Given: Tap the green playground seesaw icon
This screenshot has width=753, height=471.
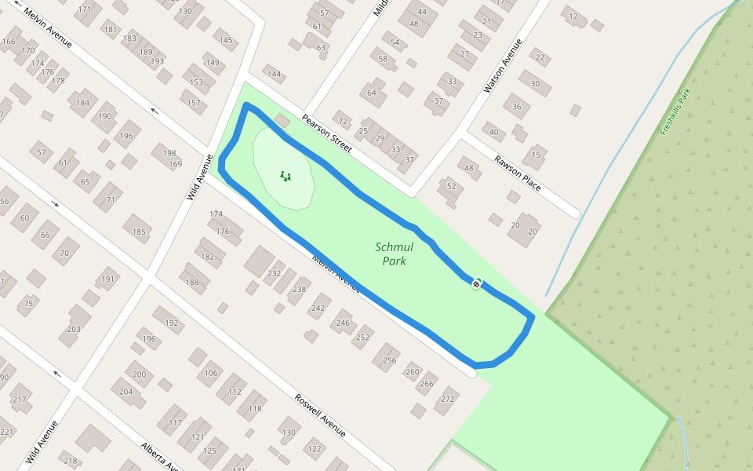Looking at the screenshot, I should click(x=286, y=176).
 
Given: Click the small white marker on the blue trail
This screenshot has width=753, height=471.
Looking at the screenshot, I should click(x=476, y=283).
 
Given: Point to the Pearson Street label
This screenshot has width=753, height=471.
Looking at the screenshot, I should click(x=327, y=133).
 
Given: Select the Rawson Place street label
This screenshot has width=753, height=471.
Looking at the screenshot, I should click(x=518, y=173).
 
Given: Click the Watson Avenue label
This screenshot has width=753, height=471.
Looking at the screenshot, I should click(x=503, y=66).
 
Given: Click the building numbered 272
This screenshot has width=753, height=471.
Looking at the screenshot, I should click(x=447, y=400).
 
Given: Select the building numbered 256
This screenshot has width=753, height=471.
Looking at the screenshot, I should click(x=389, y=360).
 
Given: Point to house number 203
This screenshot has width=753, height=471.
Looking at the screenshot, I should click(x=74, y=329).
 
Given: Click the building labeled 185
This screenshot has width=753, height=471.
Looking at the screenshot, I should click(x=139, y=231).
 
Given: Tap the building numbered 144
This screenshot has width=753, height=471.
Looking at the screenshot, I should click(x=274, y=75).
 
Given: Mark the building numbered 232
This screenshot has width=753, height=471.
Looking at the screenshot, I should click(x=274, y=273).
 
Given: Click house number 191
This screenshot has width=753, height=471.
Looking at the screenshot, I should click(x=107, y=279).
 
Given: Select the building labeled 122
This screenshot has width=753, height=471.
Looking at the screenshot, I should click(x=314, y=449).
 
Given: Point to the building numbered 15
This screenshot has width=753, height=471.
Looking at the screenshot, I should click(x=537, y=155).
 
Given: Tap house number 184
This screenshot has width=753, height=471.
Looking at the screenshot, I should click(x=83, y=103).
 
